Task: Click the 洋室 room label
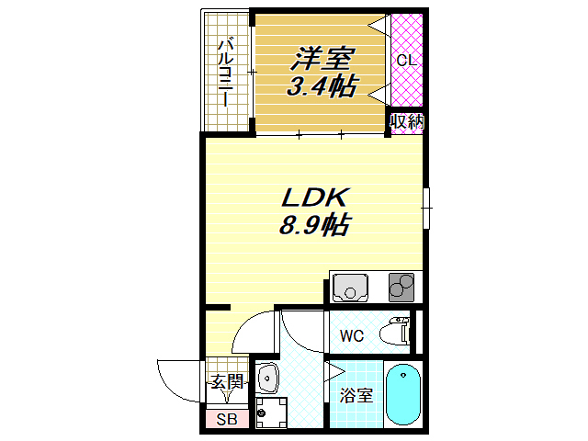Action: tap(322, 59)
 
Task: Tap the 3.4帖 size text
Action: tap(322, 88)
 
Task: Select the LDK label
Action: tap(312, 197)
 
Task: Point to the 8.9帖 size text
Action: tap(313, 225)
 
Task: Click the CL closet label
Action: tap(405, 61)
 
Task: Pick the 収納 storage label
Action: tap(405, 121)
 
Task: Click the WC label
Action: tap(353, 336)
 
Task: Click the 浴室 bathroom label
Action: tap(356, 397)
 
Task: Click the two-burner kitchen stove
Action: tap(401, 288)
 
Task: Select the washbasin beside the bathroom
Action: tap(267, 377)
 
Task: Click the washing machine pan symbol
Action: tap(271, 413)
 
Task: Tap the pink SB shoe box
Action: tap(225, 420)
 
